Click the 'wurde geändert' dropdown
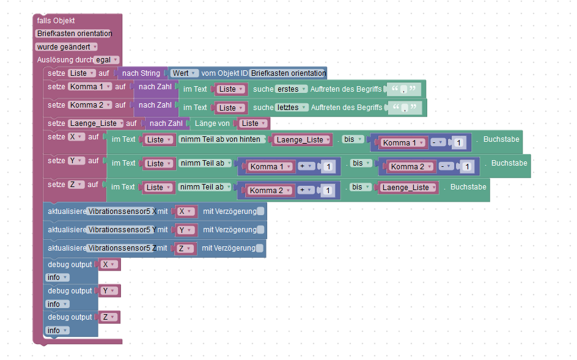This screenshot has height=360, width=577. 67,46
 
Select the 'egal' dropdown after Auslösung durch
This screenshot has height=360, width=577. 106,60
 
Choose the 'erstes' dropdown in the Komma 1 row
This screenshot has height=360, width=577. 290,89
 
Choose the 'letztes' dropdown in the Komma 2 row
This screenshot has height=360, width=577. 291,108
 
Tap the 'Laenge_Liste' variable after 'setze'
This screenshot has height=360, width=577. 95,123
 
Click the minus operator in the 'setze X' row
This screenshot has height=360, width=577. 437,143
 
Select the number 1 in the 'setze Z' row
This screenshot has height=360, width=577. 327,191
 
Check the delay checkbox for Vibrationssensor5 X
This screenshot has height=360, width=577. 261,211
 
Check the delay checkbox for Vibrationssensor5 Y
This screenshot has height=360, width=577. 261,230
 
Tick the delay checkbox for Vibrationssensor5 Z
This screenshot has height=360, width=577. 260,248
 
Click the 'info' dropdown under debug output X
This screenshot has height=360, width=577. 57,277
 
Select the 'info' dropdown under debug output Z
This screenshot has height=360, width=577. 57,331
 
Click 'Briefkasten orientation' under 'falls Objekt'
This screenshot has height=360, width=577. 74,34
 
